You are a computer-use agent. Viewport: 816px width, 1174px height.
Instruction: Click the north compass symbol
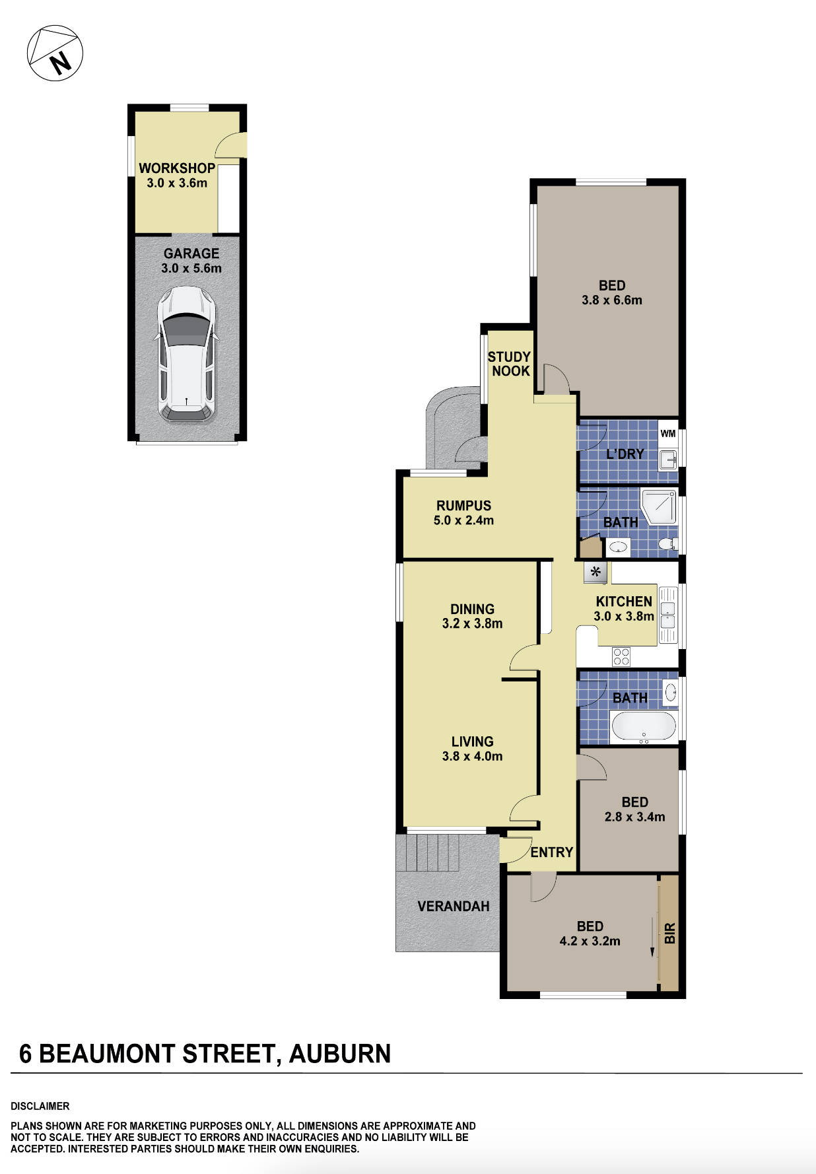tap(55, 53)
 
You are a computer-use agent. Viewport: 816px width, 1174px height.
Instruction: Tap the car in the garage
tap(187, 355)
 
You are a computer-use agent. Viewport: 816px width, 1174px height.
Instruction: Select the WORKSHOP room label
tap(176, 168)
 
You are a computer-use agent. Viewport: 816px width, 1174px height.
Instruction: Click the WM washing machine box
tap(668, 434)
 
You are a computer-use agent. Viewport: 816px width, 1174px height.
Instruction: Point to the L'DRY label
tap(625, 454)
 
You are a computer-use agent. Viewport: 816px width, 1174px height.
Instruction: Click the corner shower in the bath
tap(659, 506)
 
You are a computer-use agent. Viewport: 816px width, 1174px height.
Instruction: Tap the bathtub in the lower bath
tap(644, 726)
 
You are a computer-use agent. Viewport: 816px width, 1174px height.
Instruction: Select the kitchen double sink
tap(667, 615)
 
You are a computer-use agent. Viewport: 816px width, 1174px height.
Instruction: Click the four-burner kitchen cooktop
tap(621, 656)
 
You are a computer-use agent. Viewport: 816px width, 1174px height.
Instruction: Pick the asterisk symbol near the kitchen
tap(595, 572)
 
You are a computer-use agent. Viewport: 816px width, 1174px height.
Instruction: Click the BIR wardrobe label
tap(669, 933)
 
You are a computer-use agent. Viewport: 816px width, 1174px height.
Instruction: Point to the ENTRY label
tap(551, 852)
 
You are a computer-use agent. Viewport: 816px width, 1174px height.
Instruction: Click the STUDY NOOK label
tap(509, 364)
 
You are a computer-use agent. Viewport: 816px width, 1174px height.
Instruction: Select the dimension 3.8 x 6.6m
tap(611, 300)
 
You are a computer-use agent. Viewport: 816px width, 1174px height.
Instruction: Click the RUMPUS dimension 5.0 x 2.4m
tap(463, 520)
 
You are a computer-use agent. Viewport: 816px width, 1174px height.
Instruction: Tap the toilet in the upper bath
tap(667, 544)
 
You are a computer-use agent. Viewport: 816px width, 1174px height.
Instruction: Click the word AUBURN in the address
tap(339, 1054)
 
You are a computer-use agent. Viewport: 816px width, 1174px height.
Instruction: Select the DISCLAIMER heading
tap(40, 1106)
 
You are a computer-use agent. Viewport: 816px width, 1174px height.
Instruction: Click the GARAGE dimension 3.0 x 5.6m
tap(191, 269)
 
